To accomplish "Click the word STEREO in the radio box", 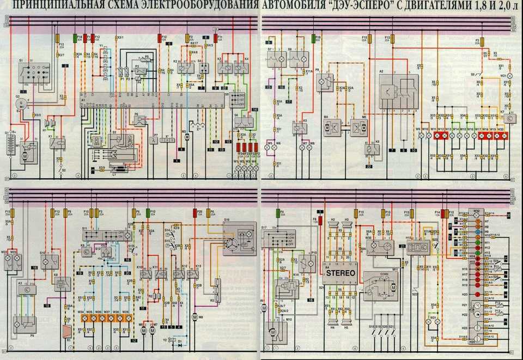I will pos(340,272).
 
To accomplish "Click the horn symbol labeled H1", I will pos(48,123).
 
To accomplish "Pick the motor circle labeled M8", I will pos(194,316).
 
